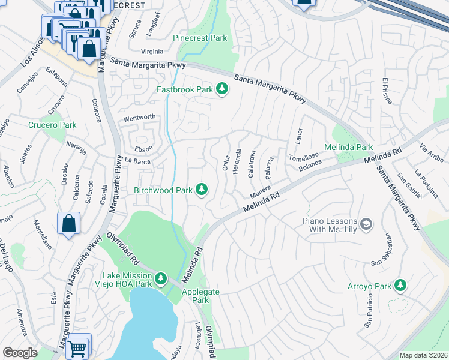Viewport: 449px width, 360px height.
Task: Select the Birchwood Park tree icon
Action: pos(202,190)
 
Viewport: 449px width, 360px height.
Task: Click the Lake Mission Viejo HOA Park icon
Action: pos(160,278)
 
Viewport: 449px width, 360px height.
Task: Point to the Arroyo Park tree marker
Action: pos(400,286)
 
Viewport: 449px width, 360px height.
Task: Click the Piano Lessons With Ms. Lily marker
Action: pos(367,226)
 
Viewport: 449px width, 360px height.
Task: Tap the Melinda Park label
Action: pos(348,147)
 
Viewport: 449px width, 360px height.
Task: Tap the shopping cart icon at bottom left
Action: pos(77,347)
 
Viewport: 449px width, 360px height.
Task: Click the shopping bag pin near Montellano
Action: pos(69,224)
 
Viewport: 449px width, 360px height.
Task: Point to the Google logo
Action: pos(20,352)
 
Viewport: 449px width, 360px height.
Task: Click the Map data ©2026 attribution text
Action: pos(423,355)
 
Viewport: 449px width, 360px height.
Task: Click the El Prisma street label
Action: pos(387,90)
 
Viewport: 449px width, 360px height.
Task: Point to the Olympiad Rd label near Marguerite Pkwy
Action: pos(124,249)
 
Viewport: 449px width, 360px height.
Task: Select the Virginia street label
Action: pos(152,52)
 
